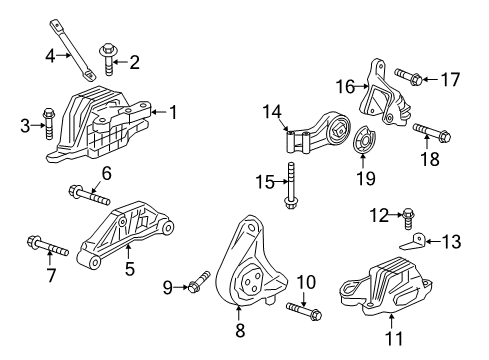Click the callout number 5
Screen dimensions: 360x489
click(129, 269)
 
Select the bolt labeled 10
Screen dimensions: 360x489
click(299, 310)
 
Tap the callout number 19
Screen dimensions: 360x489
click(366, 178)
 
